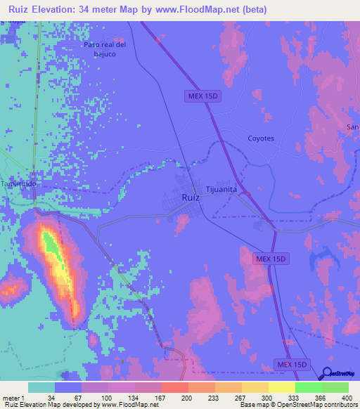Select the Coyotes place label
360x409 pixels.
(x=260, y=138)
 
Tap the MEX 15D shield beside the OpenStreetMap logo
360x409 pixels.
(x=291, y=365)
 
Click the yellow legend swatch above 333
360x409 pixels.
(x=281, y=387)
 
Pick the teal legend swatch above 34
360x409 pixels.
(x=41, y=387)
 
